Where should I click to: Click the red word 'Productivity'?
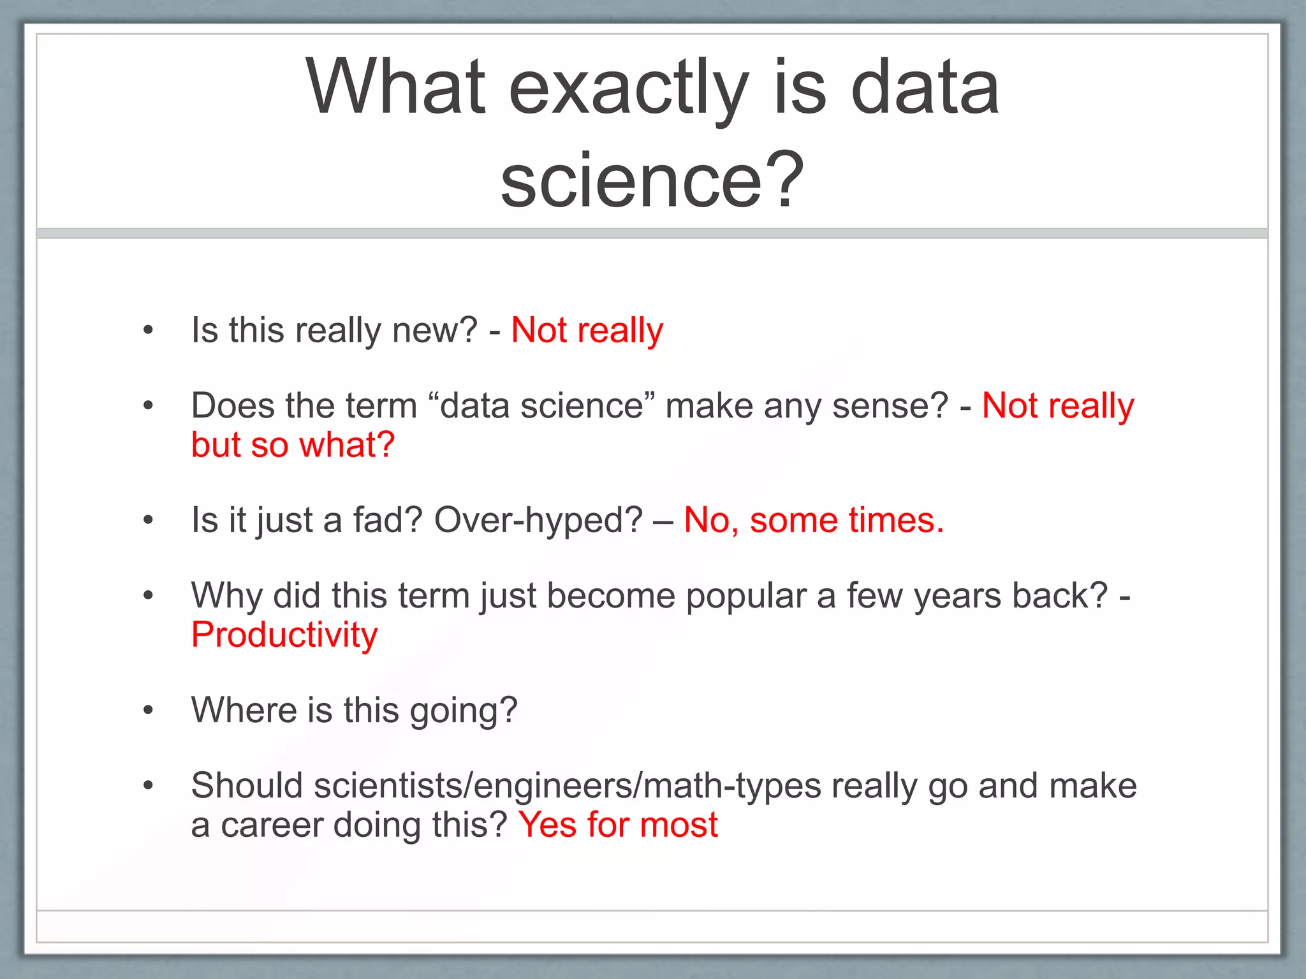(x=284, y=635)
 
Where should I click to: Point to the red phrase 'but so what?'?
(x=293, y=445)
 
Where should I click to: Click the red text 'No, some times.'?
(x=813, y=520)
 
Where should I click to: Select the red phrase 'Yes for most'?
(x=618, y=825)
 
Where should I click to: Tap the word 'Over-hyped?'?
(x=538, y=520)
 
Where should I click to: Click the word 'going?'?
(x=463, y=710)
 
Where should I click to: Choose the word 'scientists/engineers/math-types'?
(x=567, y=785)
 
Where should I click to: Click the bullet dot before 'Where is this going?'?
(x=149, y=710)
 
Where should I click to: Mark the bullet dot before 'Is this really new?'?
(x=149, y=330)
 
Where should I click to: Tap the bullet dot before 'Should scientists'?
(x=149, y=785)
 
